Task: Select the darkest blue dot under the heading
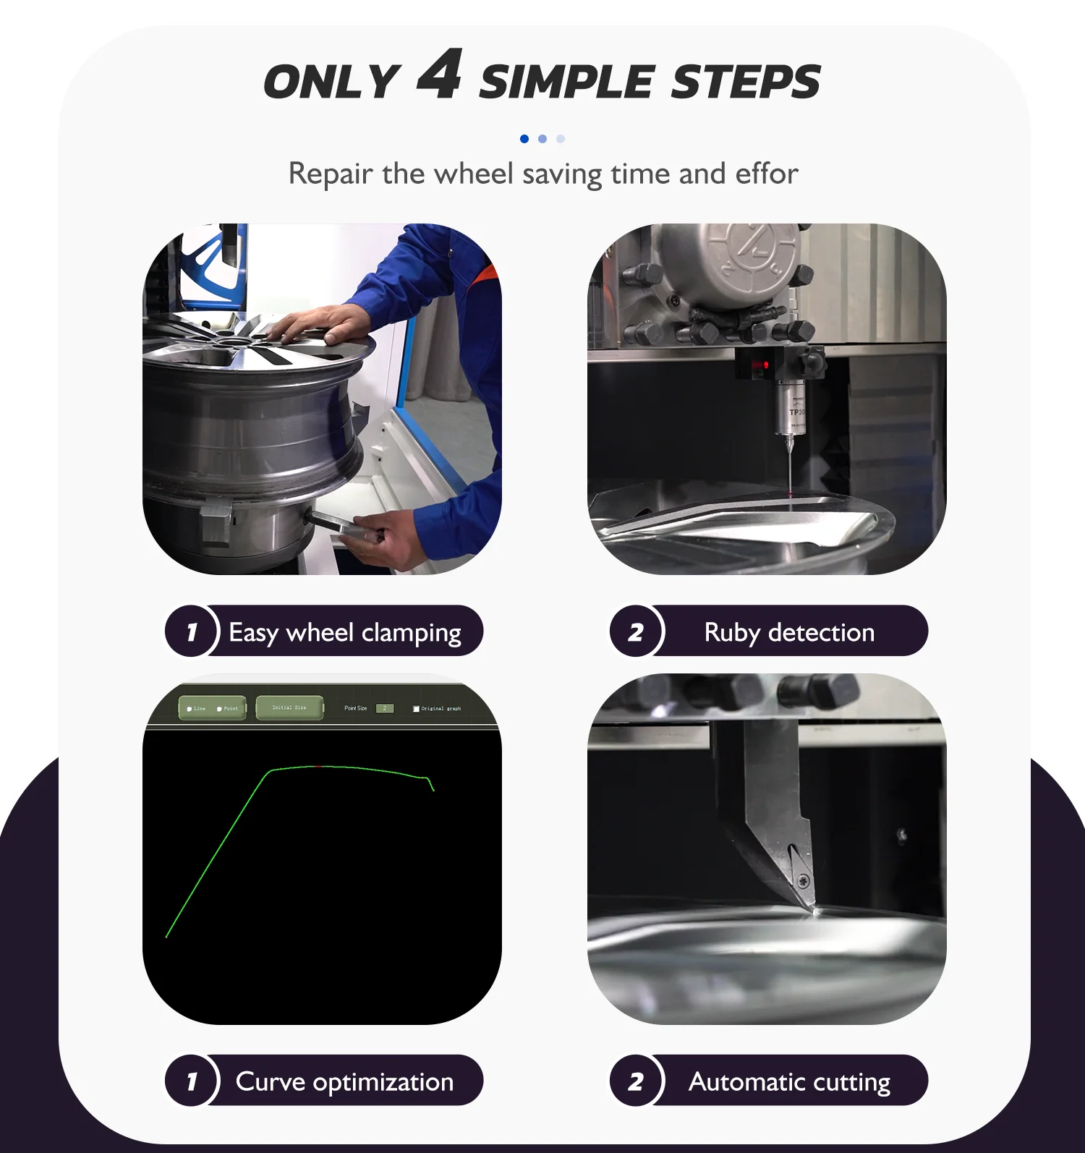click(524, 139)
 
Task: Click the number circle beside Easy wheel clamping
click(191, 631)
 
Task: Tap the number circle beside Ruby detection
click(636, 631)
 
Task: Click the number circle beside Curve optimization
click(191, 1081)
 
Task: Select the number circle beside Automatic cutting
click(636, 1081)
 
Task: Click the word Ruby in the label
click(732, 633)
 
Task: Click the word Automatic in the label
click(747, 1082)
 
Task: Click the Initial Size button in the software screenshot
click(289, 708)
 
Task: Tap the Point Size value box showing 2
click(385, 708)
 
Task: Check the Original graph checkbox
click(416, 709)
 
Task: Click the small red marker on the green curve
click(318, 766)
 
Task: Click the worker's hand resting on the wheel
click(318, 326)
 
